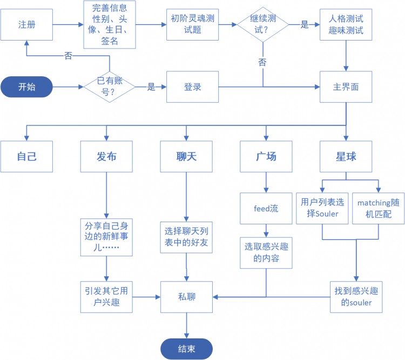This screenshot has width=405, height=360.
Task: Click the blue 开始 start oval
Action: point(26,86)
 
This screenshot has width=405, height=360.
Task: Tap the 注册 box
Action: point(26,25)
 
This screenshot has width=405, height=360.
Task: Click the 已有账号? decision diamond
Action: point(109,86)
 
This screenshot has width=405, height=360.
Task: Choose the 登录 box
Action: point(192,86)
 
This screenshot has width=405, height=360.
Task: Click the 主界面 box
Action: point(346,86)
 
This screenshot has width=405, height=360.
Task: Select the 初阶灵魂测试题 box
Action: point(192,25)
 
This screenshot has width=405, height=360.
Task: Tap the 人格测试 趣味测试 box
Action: point(346,25)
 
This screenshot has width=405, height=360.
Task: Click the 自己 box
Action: point(26,157)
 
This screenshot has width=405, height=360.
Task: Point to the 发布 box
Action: point(106,157)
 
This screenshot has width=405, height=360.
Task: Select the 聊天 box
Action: point(186,157)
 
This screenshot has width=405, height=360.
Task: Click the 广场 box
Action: point(266,157)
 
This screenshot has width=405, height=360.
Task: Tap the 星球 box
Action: point(346,157)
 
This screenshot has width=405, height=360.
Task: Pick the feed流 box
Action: point(266,208)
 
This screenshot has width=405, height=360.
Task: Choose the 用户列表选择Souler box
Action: point(322,208)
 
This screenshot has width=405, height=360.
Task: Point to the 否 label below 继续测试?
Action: point(262,62)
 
